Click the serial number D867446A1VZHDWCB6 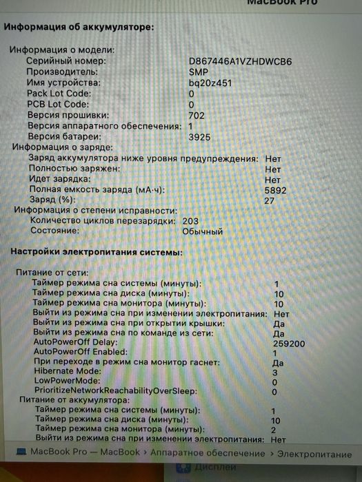(x=240, y=61)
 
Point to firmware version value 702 (x=196, y=115)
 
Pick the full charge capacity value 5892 (x=276, y=189)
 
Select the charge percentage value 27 (x=270, y=200)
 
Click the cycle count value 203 (x=191, y=221)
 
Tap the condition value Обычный (x=202, y=232)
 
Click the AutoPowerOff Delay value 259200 (x=290, y=342)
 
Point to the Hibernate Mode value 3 (x=274, y=373)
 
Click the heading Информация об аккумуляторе (x=79, y=28)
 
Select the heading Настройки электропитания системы (x=96, y=253)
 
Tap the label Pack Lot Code (x=59, y=94)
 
